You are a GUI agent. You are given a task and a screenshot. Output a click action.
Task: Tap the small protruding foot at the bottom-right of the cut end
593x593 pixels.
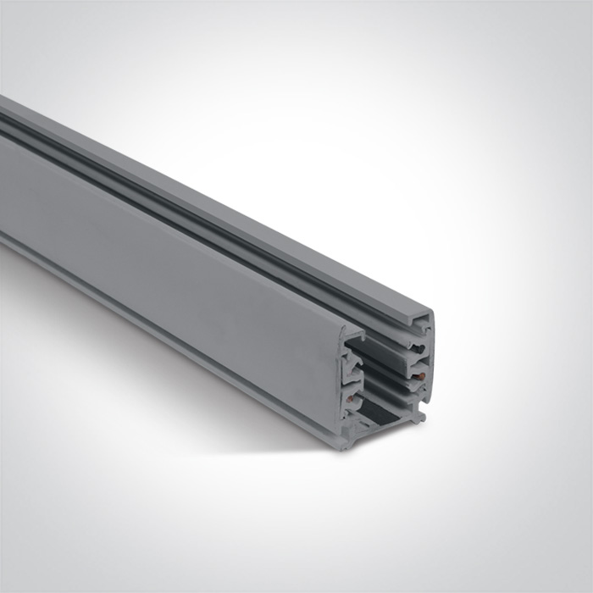point(418,417)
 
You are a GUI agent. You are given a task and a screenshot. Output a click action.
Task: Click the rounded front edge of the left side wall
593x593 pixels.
point(343,381)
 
